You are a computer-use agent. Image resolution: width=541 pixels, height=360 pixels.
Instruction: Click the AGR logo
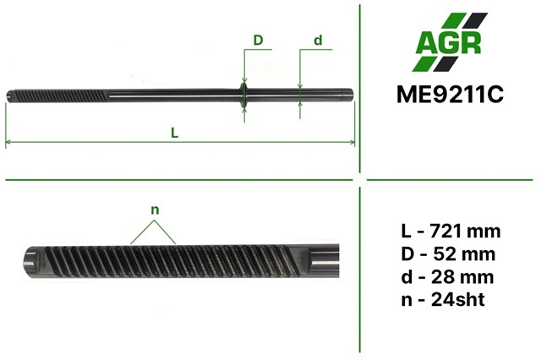[x=450, y=43]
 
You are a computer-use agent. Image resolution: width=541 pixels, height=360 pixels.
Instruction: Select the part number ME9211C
[x=449, y=94]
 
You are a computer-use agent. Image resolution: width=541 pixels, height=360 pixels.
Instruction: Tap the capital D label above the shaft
[x=259, y=40]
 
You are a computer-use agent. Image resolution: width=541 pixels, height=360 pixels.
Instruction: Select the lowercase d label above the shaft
[x=318, y=40]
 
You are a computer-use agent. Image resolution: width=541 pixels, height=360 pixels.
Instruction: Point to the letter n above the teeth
[x=155, y=210]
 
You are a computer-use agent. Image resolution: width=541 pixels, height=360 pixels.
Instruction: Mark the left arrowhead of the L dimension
[x=10, y=142]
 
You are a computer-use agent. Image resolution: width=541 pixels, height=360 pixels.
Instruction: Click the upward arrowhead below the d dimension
[x=302, y=107]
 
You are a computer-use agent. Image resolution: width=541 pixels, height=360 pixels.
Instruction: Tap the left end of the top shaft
[x=8, y=94]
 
